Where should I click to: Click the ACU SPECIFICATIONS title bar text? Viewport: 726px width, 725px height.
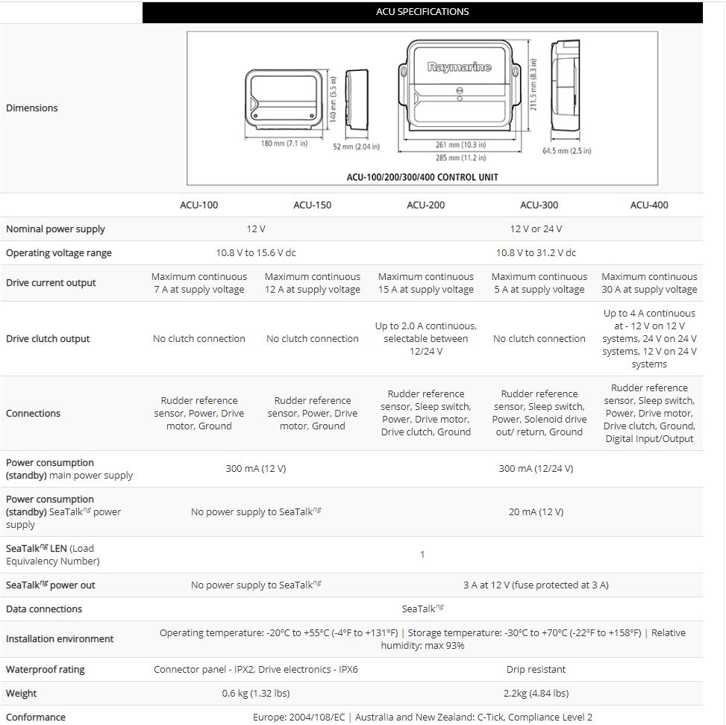tap(422, 12)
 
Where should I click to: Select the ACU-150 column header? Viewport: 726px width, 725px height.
tap(313, 205)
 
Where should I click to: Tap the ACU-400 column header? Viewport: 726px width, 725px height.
tap(649, 205)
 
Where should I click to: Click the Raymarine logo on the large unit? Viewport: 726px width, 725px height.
tap(460, 67)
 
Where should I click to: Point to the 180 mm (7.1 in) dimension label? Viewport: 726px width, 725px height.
tap(284, 143)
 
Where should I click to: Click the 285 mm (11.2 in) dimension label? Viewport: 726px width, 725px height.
tap(460, 158)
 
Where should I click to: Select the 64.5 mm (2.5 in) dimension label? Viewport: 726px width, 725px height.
tap(566, 151)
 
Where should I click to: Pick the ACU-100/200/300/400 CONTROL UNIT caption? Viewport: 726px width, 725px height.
tap(422, 177)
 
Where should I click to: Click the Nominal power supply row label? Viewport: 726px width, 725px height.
tap(55, 229)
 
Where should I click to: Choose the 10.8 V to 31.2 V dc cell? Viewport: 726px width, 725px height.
tap(536, 253)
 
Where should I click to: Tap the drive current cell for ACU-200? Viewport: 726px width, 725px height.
tap(426, 283)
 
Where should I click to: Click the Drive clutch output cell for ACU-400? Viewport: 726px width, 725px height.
tap(649, 339)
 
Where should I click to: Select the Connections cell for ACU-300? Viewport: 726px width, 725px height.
tap(539, 413)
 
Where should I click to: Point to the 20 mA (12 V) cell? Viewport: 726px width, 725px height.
tap(536, 512)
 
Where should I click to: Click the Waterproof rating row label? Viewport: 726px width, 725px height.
tap(45, 670)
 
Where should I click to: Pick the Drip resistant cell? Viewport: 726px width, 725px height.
tap(536, 670)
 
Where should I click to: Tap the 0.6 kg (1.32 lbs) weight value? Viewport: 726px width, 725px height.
tap(256, 694)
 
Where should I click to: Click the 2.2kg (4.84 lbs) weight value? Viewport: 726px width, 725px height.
tap(536, 694)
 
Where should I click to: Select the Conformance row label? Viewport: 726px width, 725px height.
tap(36, 718)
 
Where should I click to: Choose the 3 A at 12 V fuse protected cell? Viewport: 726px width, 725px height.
tap(536, 585)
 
